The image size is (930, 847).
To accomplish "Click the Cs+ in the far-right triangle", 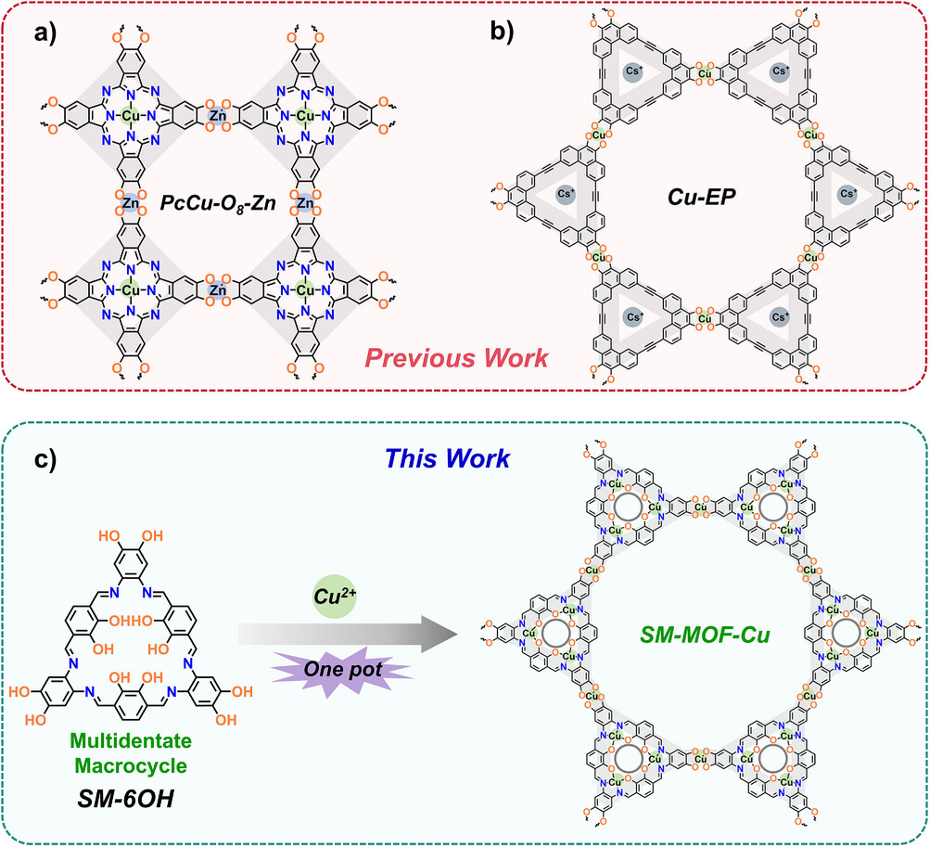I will click(x=846, y=196).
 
